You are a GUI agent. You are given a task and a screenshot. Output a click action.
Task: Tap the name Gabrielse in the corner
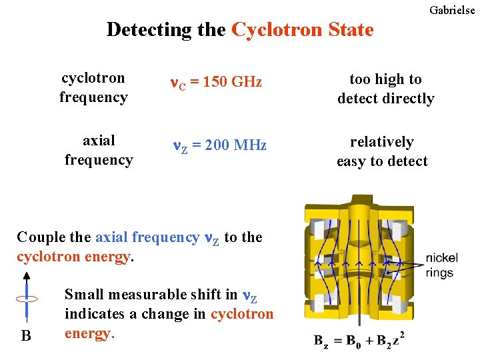coord(452,10)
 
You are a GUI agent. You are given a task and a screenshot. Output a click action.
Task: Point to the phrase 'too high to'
coord(385,79)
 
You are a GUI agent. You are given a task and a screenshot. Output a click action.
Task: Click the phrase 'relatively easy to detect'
coord(382,151)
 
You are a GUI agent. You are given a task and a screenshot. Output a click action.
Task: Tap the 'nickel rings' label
coord(440,265)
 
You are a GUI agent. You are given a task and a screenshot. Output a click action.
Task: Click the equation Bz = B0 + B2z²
coord(359,340)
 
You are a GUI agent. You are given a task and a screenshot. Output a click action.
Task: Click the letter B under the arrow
coord(26,335)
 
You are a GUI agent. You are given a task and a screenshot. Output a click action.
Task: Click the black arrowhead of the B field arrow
coord(27,275)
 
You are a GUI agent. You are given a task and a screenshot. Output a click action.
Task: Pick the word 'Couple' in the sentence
coord(37,237)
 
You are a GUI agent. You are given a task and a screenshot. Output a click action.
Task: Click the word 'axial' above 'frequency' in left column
coord(99,141)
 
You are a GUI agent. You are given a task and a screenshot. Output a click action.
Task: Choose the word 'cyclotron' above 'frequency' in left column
coord(93,78)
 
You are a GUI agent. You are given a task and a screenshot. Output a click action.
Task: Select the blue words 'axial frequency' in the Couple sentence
coord(147,237)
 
